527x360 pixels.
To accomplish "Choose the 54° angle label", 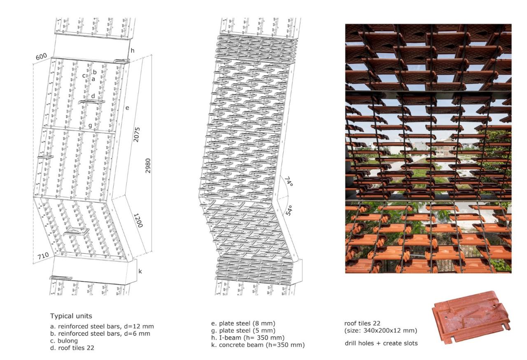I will [x=289, y=210].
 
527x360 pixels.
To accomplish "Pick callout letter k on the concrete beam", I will [x=140, y=271].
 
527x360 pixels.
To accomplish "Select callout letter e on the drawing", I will [x=127, y=108].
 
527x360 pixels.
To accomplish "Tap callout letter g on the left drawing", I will [x=90, y=126].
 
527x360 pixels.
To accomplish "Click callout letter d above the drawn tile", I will [x=93, y=96].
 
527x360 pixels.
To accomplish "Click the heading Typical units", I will [x=71, y=316].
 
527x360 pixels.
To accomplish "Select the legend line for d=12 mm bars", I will [x=102, y=326].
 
